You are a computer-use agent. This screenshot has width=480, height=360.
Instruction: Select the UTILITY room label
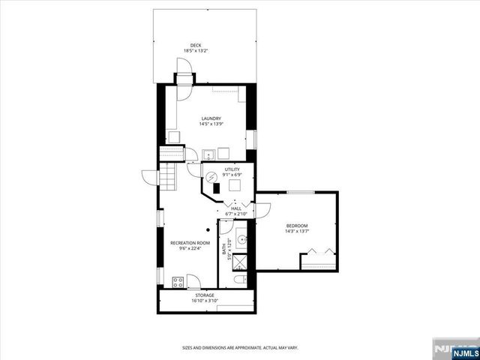pos(221,170)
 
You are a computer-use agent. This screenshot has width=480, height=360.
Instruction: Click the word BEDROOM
pos(297,226)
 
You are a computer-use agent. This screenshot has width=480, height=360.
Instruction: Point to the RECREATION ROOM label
pos(190,243)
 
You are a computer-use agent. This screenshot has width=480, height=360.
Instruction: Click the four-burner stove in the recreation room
pos(178,282)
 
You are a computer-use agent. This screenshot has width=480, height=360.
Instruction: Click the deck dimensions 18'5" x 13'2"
pos(196,51)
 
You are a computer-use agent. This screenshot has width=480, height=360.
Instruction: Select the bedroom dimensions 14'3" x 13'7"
pos(297,231)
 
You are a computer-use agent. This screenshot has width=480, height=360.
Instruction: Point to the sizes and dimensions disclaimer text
pos(240,347)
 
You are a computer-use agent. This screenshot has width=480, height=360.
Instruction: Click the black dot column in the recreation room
pos(208,230)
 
